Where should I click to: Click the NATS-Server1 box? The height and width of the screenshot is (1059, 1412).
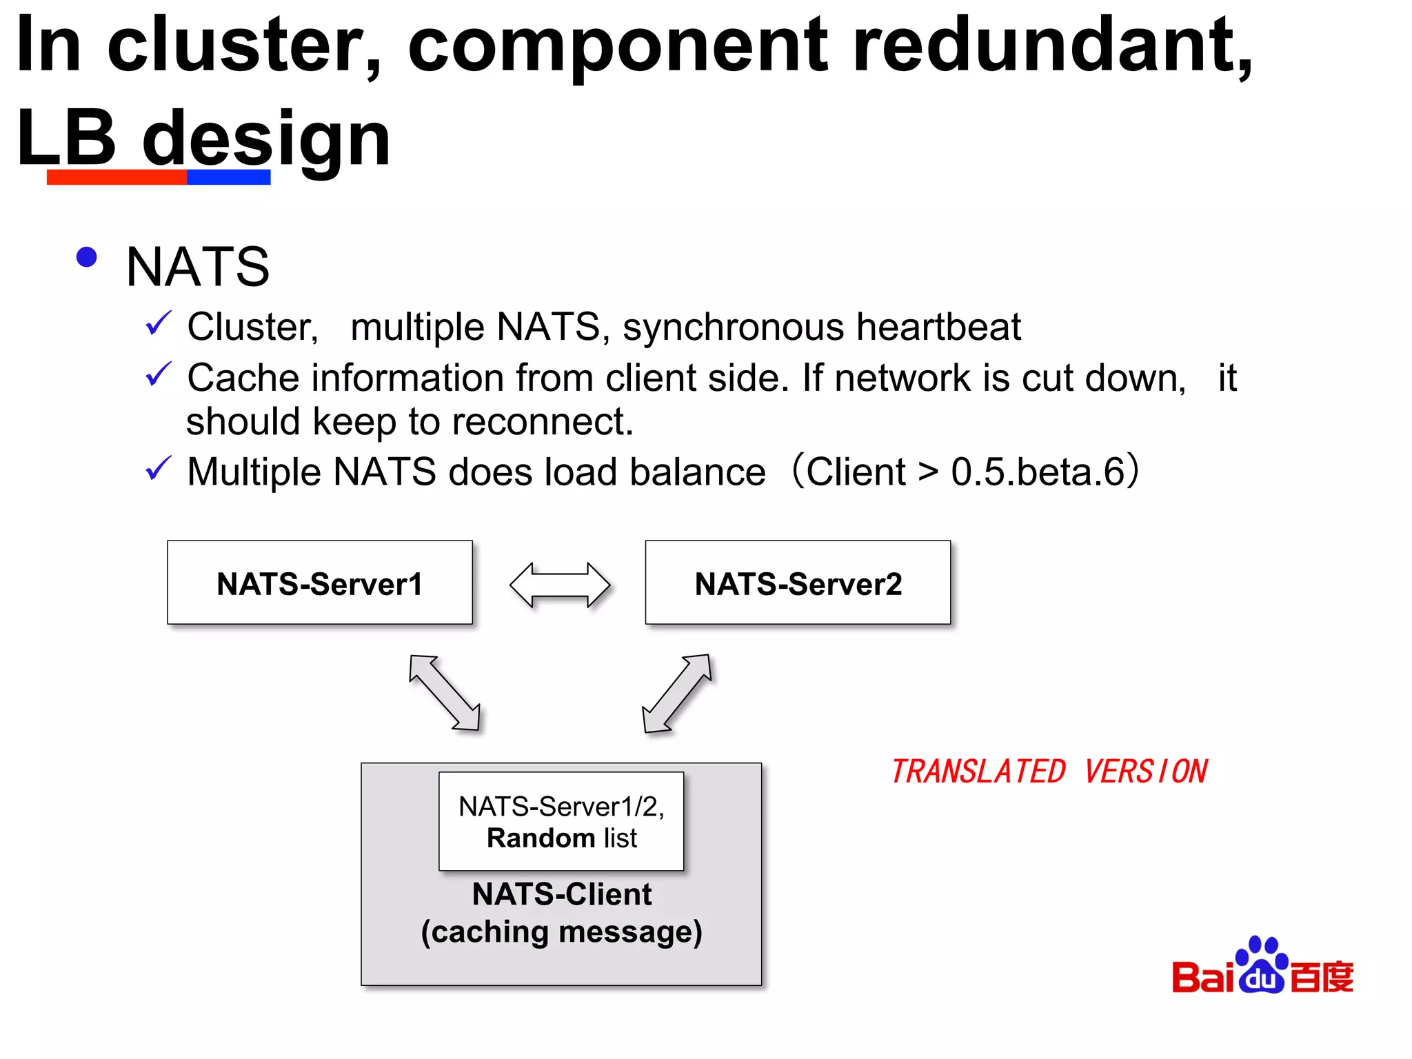click(319, 583)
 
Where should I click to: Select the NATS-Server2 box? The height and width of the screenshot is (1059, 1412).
click(798, 583)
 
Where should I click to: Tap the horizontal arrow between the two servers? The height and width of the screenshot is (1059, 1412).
click(559, 585)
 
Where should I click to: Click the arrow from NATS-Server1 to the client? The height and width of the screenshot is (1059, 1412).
click(444, 692)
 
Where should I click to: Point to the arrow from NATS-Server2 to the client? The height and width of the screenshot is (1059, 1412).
click(676, 693)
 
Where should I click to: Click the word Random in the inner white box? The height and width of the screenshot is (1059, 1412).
click(541, 838)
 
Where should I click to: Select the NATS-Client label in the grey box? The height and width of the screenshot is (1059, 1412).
click(561, 894)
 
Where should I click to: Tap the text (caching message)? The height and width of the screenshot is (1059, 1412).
click(561, 932)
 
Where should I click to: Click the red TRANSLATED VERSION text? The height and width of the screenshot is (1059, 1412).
click(1048, 771)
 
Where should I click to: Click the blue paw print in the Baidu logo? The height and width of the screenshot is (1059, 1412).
click(1262, 965)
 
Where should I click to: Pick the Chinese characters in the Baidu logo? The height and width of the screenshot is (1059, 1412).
click(1322, 977)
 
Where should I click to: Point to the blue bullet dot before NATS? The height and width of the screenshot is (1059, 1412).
click(87, 257)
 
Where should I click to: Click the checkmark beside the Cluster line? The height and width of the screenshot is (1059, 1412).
click(158, 323)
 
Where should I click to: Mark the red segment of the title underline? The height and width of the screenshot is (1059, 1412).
click(117, 177)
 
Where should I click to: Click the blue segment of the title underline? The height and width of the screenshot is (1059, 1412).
click(228, 177)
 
